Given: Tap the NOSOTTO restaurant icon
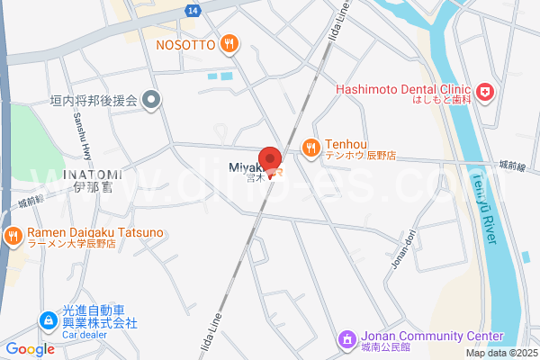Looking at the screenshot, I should [x=229, y=43].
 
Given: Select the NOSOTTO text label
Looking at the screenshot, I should [x=184, y=44].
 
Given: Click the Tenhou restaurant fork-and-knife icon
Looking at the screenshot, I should [x=310, y=147].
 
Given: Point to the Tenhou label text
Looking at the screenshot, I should [x=346, y=142].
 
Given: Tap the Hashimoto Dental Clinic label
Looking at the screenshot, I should [x=404, y=89].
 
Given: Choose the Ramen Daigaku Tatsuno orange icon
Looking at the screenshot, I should [x=13, y=237].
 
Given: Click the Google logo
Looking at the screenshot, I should [x=30, y=349].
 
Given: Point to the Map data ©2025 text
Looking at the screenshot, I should [x=501, y=353].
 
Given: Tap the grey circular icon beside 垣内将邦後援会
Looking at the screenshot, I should [x=152, y=101].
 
